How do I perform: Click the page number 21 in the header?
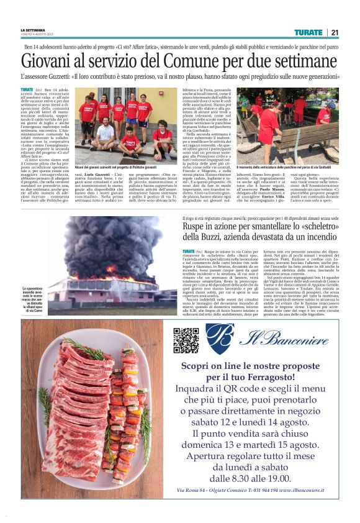[x=335, y=32]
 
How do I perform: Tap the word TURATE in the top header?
[x=308, y=32]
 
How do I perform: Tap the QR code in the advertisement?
[x=186, y=339]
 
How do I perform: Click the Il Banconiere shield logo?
[x=219, y=339]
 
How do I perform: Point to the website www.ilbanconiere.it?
[x=306, y=490]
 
